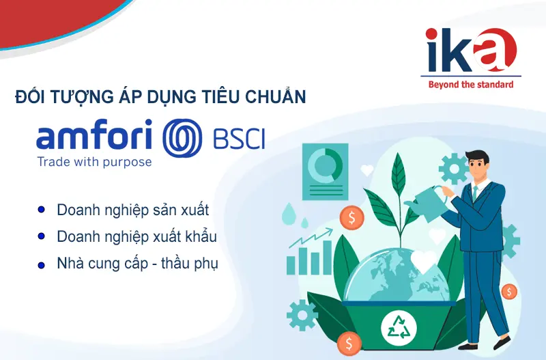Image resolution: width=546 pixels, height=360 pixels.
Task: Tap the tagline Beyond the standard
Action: (470, 85)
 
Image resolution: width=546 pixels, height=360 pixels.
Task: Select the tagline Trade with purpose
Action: (94, 163)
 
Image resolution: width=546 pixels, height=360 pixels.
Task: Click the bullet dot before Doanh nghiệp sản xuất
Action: (42, 209)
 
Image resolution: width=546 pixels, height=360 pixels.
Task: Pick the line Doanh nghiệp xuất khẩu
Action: (136, 236)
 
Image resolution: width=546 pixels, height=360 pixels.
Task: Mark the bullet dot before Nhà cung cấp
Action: (42, 264)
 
